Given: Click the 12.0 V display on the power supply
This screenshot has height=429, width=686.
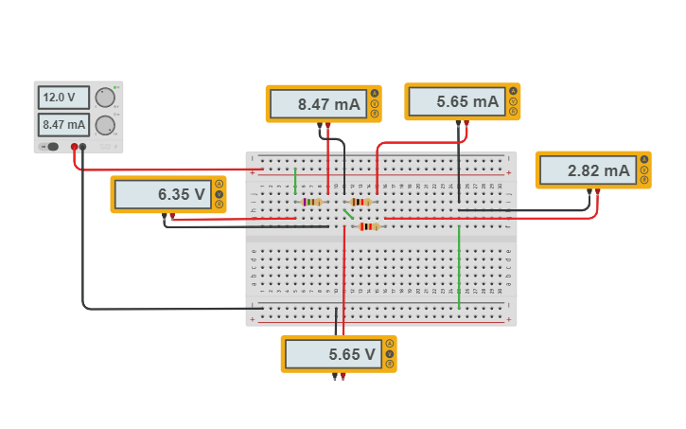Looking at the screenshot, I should coord(63,98).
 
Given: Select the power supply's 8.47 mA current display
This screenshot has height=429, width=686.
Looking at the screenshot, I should coord(63,124).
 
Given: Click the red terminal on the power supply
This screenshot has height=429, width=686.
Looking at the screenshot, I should coord(75,147).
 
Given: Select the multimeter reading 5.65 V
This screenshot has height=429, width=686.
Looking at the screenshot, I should coord(331,354).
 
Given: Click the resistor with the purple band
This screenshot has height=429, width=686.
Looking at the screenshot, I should coord(310,202).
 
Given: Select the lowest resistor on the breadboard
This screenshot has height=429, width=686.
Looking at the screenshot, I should coord(368,226).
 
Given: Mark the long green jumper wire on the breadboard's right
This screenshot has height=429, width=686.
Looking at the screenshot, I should coord(459,266).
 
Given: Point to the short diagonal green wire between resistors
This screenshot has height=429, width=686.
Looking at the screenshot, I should coord(348,214).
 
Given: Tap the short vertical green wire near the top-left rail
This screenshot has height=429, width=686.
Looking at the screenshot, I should coord(295,180).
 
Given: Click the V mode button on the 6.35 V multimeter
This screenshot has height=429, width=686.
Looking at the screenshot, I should coord(219,194).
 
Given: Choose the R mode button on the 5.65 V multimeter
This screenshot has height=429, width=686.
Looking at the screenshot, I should coord(389,365).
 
